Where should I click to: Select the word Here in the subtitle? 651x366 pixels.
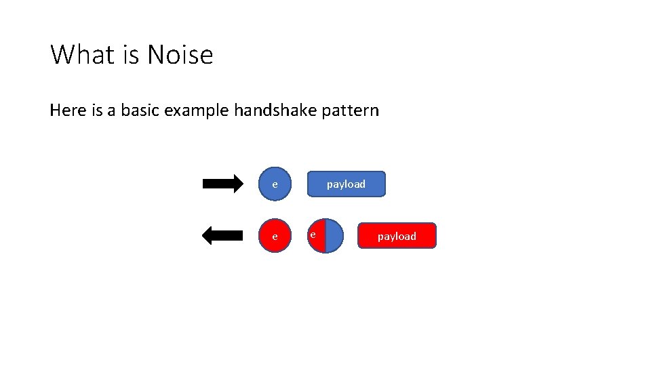tap(68, 110)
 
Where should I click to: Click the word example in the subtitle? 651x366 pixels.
tap(197, 110)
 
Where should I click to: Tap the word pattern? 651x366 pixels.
tap(350, 110)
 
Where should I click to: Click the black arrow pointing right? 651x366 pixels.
tap(222, 184)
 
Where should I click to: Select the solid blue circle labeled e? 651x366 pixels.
tap(275, 184)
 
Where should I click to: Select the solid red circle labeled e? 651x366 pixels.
tap(275, 236)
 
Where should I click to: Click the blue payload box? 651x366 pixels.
tap(346, 184)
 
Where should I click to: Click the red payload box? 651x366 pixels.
tap(397, 236)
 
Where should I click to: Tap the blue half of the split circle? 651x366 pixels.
tap(334, 236)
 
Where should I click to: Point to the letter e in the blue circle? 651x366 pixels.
tap(275, 184)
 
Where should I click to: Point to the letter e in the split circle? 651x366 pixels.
tap(313, 234)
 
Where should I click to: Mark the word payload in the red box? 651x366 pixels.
tap(397, 236)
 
